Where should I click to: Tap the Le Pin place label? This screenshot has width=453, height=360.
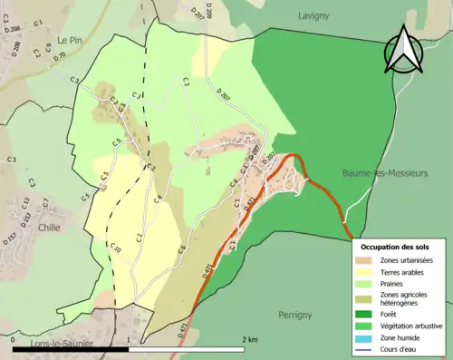click(70, 40)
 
